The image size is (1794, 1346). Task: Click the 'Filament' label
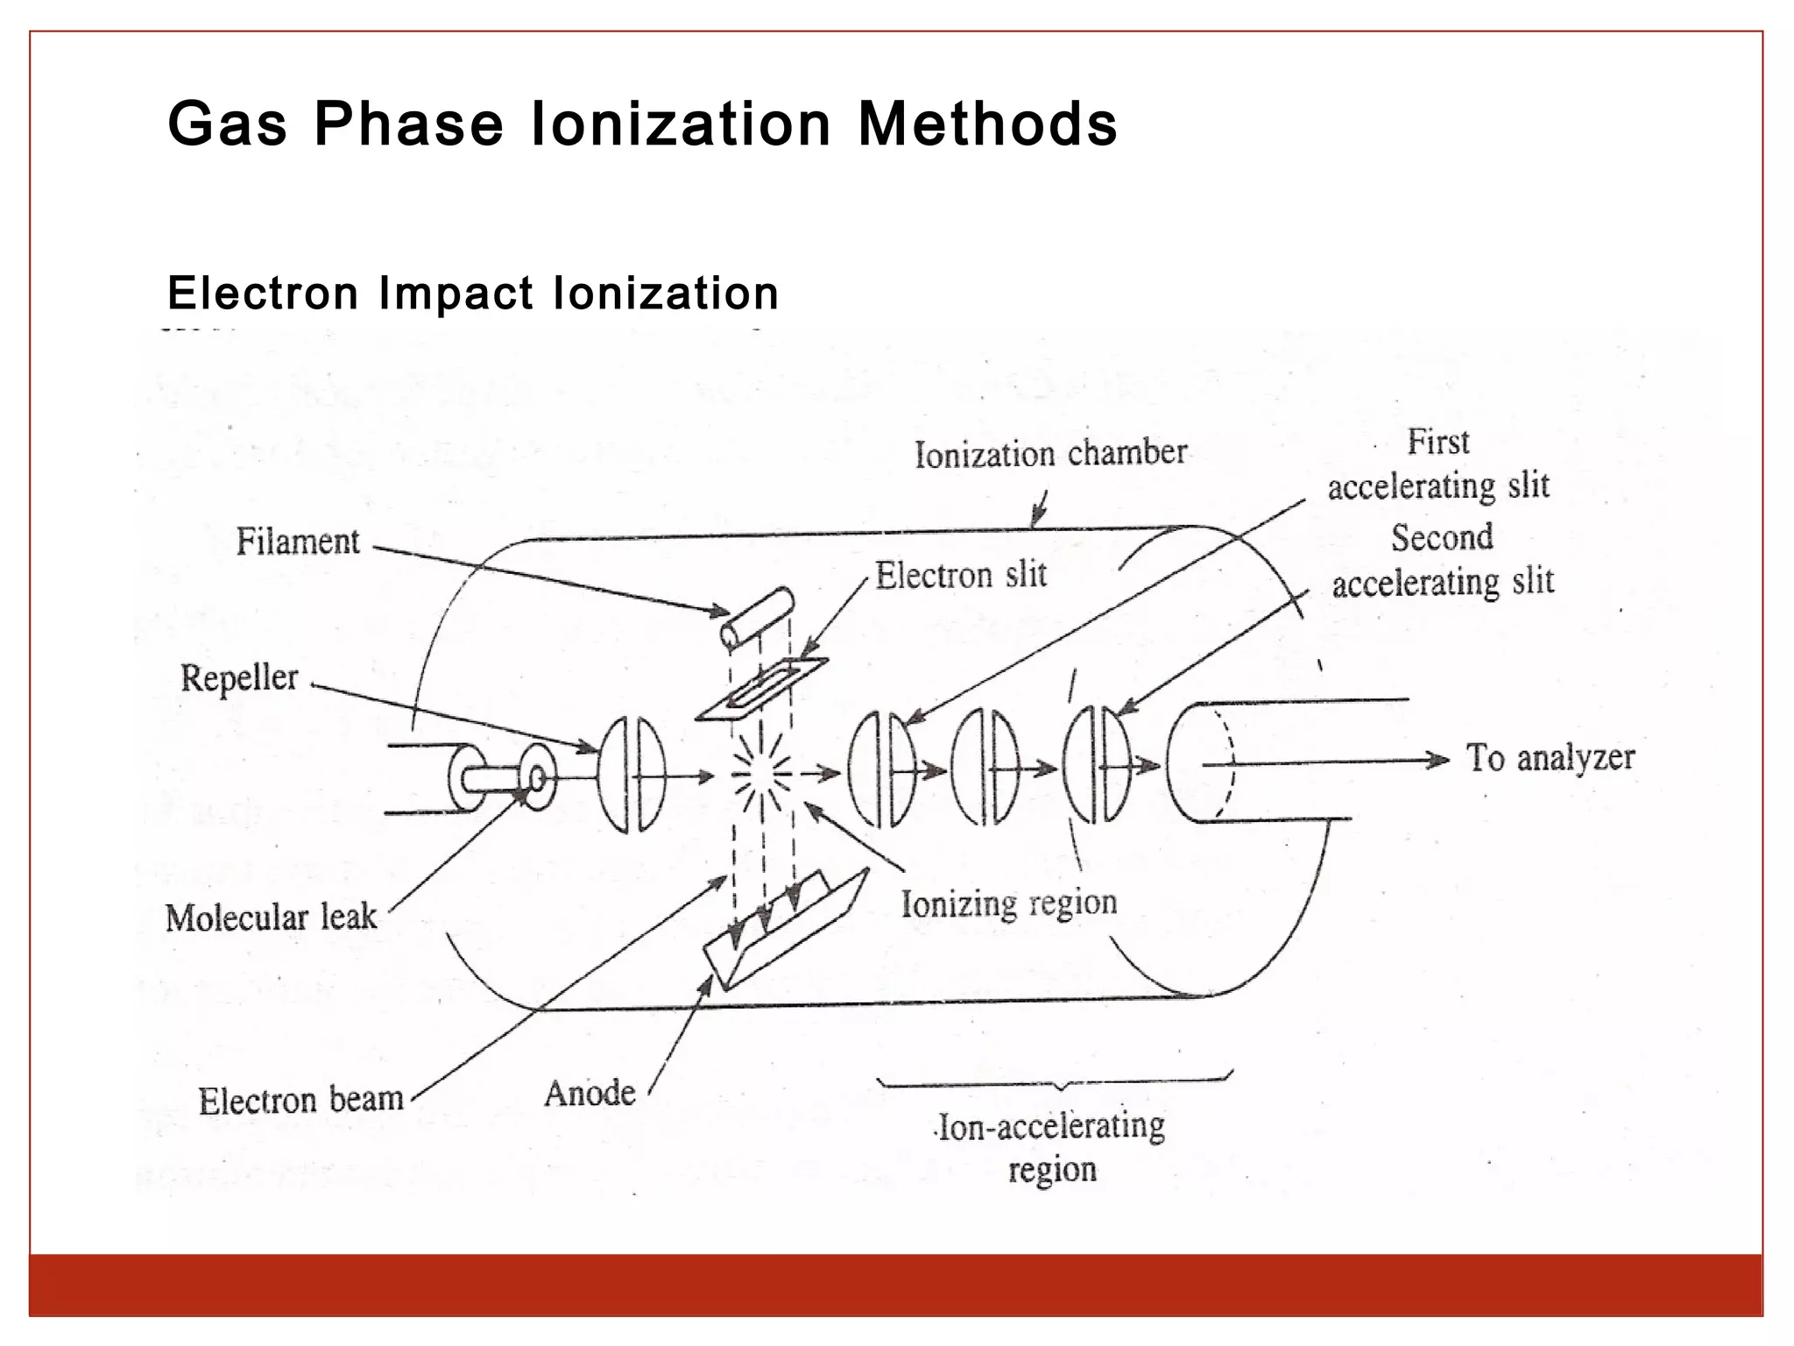pyautogui.click(x=298, y=542)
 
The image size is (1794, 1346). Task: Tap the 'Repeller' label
pyautogui.click(x=239, y=678)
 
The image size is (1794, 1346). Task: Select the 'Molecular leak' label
pyautogui.click(x=271, y=917)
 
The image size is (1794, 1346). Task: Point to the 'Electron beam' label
pyautogui.click(x=300, y=1100)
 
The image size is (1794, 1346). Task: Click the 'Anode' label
pyautogui.click(x=590, y=1093)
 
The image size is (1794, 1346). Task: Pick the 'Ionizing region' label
pyautogui.click(x=1009, y=903)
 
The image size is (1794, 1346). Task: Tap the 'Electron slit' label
pyautogui.click(x=961, y=576)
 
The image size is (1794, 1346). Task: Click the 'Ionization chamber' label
pyautogui.click(x=1050, y=454)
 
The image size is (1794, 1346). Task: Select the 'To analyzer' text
pyautogui.click(x=1550, y=758)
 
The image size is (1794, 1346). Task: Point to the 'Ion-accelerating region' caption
pyautogui.click(x=1051, y=1147)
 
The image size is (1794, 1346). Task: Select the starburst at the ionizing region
pyautogui.click(x=761, y=774)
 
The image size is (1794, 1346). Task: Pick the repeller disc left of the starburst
pyautogui.click(x=631, y=775)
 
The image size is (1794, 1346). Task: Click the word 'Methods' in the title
pyautogui.click(x=987, y=124)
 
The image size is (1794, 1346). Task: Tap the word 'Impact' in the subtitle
pyautogui.click(x=456, y=293)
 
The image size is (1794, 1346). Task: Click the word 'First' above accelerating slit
pyautogui.click(x=1437, y=442)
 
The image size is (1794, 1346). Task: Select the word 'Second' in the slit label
pyautogui.click(x=1442, y=537)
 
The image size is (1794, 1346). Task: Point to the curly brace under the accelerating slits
pyautogui.click(x=1056, y=1083)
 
